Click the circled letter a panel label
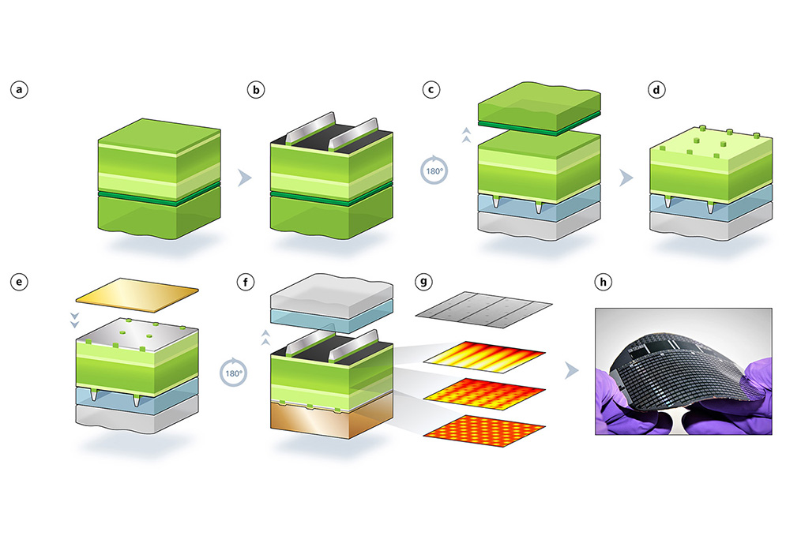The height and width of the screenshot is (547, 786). (19, 90)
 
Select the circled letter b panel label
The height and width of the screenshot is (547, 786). (256, 90)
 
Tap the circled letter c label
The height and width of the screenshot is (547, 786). (431, 90)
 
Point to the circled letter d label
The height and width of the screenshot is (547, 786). (656, 90)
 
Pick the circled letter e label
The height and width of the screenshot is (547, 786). (19, 282)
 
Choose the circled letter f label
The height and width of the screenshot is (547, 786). (245, 282)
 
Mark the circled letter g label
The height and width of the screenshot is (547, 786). (424, 282)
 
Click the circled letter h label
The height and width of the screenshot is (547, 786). (603, 282)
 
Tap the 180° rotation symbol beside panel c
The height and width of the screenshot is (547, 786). (434, 170)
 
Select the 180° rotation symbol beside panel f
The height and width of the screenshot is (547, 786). (234, 373)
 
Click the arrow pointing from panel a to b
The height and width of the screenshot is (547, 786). (244, 178)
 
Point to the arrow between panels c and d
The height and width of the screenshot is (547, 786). (626, 178)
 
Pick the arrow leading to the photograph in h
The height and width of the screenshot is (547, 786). (571, 371)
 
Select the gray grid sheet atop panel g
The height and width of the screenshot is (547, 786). (483, 309)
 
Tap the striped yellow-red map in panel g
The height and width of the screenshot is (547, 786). (484, 358)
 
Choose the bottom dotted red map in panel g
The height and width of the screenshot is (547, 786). (484, 430)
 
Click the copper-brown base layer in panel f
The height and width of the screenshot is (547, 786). (331, 419)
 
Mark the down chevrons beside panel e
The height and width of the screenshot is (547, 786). (74, 320)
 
